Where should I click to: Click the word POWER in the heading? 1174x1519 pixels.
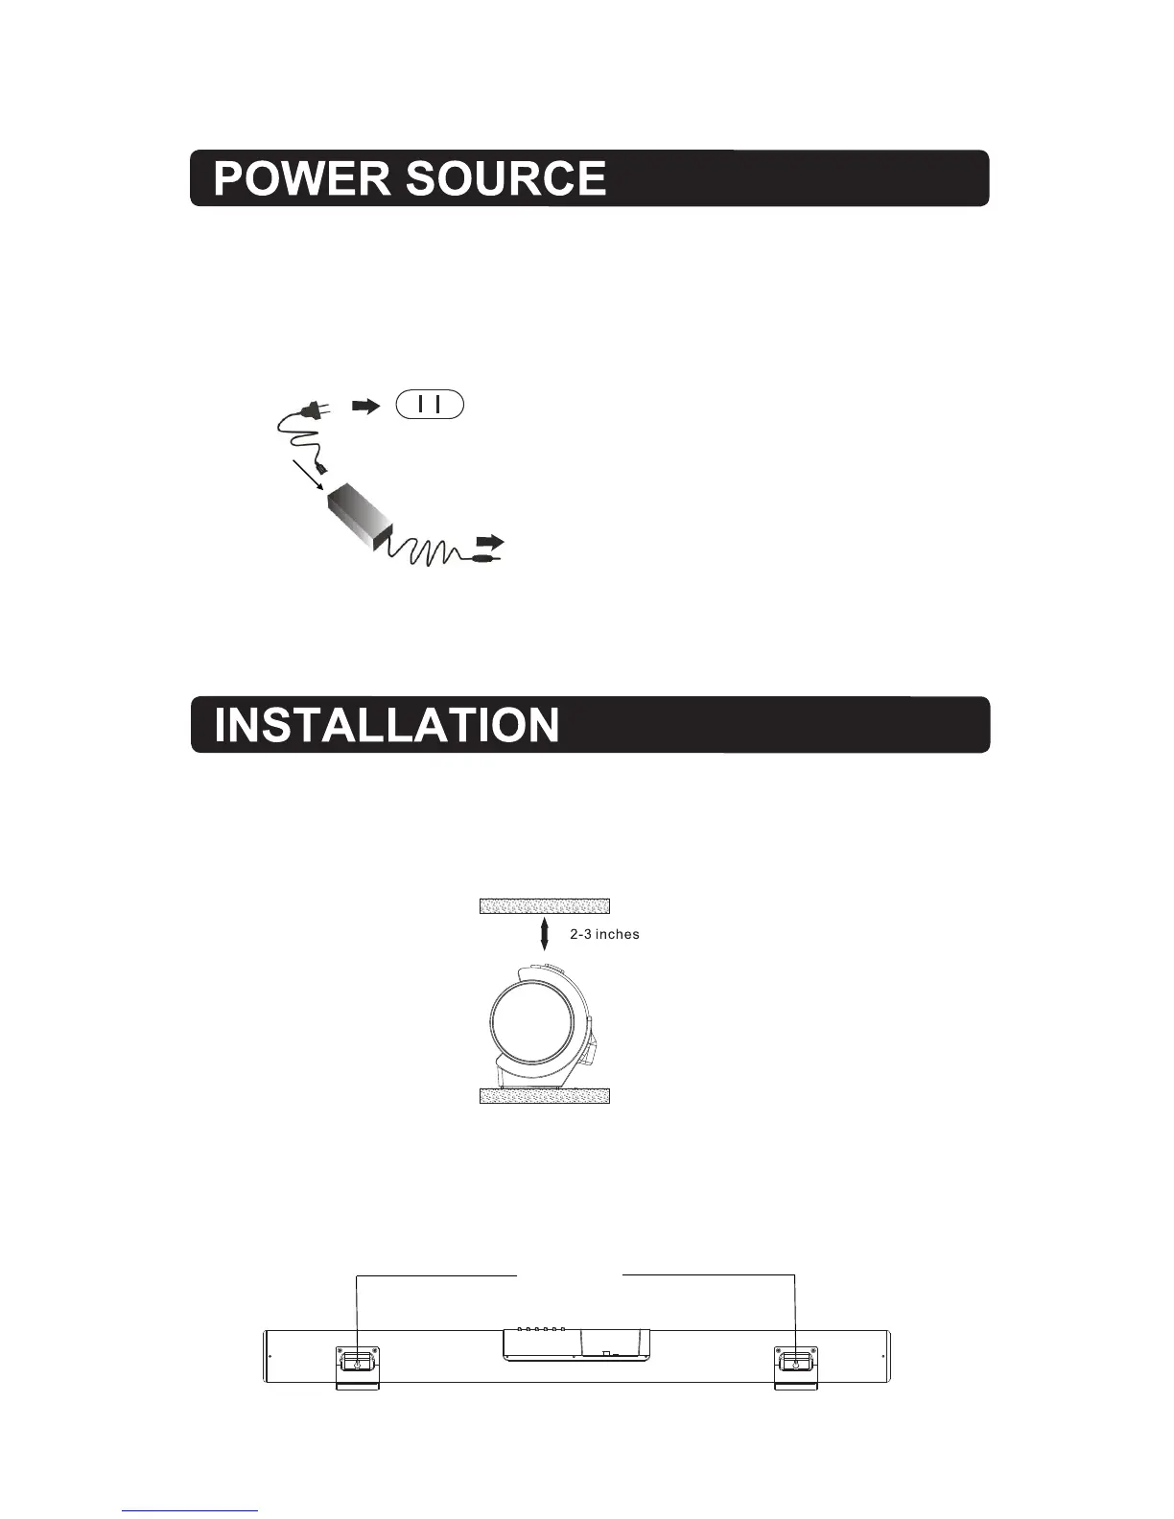coord(301,178)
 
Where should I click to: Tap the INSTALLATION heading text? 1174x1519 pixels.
coord(387,725)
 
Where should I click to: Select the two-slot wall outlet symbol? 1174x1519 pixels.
coord(429,405)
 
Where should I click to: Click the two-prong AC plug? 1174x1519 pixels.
coord(313,409)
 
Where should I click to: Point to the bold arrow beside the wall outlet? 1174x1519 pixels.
coord(365,406)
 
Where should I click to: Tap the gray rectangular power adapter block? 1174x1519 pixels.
coord(359,519)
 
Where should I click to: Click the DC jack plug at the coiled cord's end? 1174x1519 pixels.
coord(484,555)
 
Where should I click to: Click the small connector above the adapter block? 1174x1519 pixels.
coord(326,471)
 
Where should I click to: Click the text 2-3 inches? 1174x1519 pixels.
coord(604,934)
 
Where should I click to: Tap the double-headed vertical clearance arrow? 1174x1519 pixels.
coord(545,932)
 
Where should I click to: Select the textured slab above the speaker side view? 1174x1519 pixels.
coord(544,906)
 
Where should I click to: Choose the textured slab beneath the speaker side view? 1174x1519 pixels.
coord(544,1096)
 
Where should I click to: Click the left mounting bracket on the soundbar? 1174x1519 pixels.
coord(357,1366)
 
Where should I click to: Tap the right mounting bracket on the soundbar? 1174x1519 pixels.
coord(795,1366)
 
